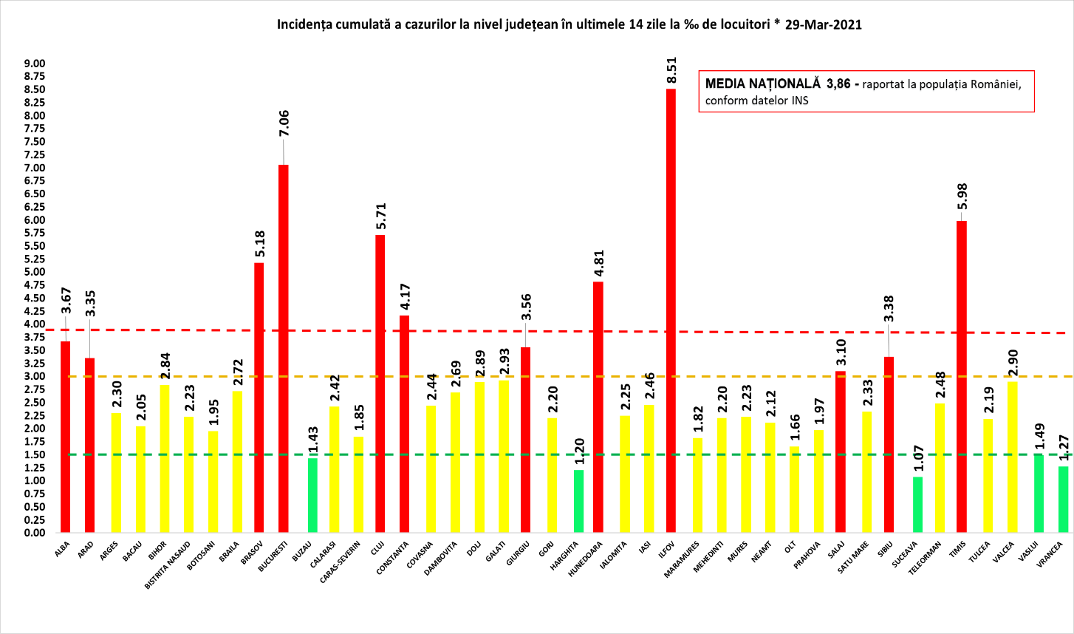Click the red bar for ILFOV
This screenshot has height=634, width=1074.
pos(671,310)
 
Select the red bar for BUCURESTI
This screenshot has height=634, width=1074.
pos(283,348)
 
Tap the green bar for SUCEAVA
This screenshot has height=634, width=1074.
pos(917,505)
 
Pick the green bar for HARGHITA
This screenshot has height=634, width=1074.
pos(578,501)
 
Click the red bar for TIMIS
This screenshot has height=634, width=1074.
pos(961,376)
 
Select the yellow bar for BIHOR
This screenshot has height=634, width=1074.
pos(165,458)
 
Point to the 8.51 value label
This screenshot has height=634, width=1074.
pos(671,70)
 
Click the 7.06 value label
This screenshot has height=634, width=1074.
pos(284,123)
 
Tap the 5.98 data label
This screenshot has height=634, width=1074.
pos(962,197)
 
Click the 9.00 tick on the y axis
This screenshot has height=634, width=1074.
pos(35,64)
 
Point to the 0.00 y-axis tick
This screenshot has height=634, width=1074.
pos(35,533)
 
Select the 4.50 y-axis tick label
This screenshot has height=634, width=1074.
pos(35,298)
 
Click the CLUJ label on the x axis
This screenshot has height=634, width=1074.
pos(377,548)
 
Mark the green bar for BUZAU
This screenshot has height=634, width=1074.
pos(312,495)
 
